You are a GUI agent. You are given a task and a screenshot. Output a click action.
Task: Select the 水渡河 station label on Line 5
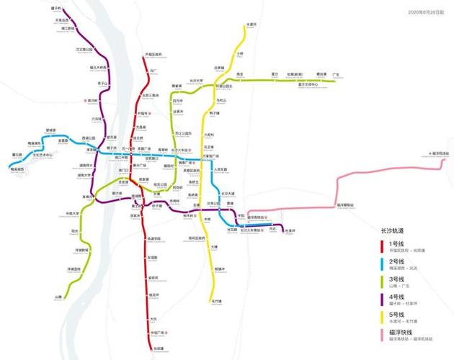(x=252, y=24)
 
